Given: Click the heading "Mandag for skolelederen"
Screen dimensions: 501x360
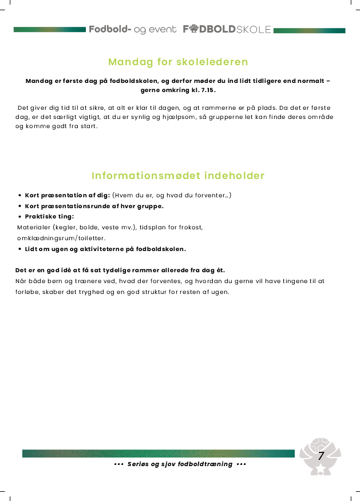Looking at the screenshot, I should click(x=178, y=62).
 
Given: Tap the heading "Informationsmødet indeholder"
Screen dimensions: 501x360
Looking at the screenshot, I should click(x=178, y=176).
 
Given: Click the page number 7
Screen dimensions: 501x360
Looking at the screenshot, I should click(x=321, y=456).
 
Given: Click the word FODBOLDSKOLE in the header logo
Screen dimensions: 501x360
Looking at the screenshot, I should click(x=227, y=30).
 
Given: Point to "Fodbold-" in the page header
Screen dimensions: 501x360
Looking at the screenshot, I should click(x=110, y=30).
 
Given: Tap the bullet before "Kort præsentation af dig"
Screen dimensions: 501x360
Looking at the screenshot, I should click(x=20, y=196).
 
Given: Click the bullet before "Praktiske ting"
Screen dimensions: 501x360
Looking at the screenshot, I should click(x=20, y=217).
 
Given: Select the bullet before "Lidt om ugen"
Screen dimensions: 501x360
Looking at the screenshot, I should click(x=20, y=249).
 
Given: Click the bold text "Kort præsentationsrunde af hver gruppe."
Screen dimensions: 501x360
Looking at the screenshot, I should click(x=94, y=206).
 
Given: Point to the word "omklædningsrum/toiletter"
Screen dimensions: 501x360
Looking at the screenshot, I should click(x=61, y=238).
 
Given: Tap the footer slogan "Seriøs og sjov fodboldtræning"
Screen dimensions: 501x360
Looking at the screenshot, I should click(x=180, y=464).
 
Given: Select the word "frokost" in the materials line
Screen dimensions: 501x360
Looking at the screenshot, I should click(x=192, y=227).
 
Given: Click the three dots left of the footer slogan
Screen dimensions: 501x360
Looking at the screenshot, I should click(x=118, y=464).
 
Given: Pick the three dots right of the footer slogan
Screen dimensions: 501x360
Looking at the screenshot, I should click(x=241, y=464).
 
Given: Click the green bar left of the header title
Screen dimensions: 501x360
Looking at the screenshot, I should click(x=50, y=30).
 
